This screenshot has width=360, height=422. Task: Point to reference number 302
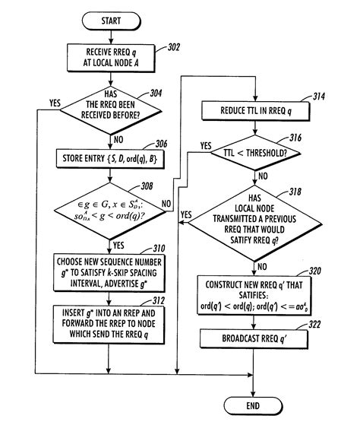pos(174,47)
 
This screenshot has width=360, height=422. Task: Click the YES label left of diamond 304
pos(55,102)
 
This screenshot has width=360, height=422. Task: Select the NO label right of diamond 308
pos(166,203)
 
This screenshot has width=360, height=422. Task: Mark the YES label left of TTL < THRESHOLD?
pos(206,144)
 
